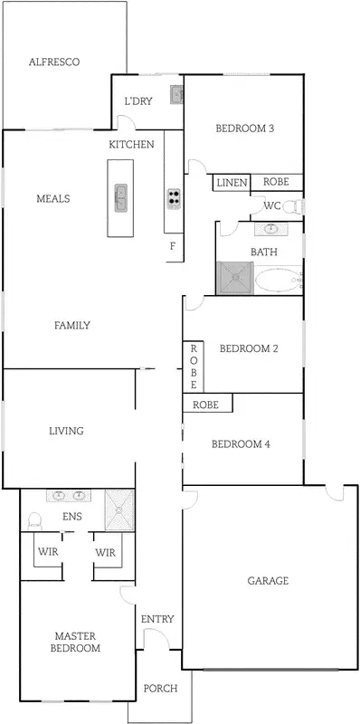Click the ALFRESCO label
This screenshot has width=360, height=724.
[54, 62]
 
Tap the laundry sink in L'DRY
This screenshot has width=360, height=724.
[175, 93]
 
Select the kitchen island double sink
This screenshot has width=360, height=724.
[120, 197]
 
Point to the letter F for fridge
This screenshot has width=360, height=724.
[172, 246]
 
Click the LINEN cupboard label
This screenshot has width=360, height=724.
[231, 183]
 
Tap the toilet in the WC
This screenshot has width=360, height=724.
[291, 207]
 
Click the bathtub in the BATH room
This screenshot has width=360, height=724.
[276, 280]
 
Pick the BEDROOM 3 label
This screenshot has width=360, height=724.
[244, 129]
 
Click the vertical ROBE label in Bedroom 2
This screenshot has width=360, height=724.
[193, 367]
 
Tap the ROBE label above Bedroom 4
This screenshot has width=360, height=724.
[206, 405]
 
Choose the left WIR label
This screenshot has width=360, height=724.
[47, 552]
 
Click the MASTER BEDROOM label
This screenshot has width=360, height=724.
[76, 642]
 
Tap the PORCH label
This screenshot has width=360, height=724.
[160, 689]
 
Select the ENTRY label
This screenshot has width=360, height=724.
[157, 619]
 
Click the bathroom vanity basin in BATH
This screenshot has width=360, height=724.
[271, 230]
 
